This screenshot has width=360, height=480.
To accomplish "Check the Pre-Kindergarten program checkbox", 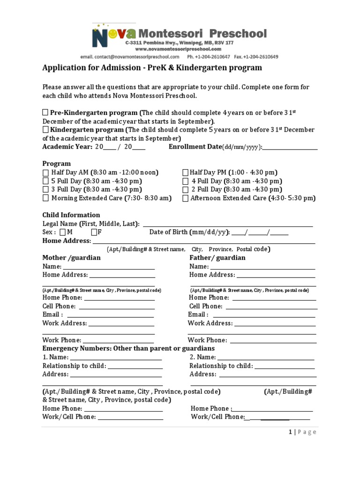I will pos(45,112).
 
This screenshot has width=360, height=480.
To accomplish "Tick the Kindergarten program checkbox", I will pos(45,129).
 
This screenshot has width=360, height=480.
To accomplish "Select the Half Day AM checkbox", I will pos(45,172).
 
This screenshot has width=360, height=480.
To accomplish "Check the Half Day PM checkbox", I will pos(185,172).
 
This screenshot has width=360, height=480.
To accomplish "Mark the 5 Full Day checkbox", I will pos(45,181).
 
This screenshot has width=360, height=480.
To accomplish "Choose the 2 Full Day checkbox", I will pos(185,189).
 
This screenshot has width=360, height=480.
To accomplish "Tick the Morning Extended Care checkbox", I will pos(45,198).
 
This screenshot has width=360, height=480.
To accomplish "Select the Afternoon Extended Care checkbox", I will pos(185,198).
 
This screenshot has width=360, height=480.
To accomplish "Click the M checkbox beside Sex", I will pos(63,232).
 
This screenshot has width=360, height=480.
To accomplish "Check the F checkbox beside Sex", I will pos(94,232).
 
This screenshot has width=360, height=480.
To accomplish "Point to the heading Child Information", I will pos(71,215).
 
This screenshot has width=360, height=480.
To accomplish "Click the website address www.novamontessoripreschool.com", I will pos(178,49).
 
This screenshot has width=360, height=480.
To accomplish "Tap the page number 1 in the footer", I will pos(290,432).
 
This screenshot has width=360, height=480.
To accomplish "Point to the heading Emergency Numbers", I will pos(128,349).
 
